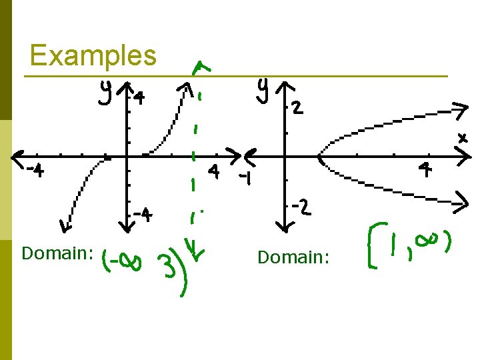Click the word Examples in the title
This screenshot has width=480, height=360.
point(93,55)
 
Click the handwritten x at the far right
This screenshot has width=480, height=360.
point(462,139)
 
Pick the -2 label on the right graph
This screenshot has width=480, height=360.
point(300,208)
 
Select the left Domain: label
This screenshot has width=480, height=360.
point(57,253)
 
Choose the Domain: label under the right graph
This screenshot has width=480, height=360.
point(293,257)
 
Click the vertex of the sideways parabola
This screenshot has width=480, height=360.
point(320,158)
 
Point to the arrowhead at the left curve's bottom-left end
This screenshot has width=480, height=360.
point(63,227)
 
